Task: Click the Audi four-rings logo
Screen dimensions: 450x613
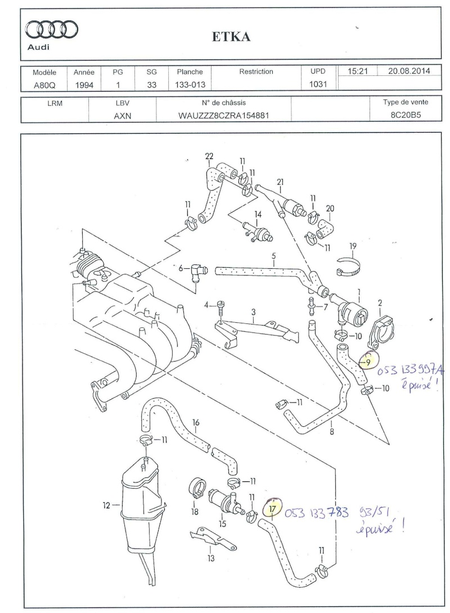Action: point(52,30)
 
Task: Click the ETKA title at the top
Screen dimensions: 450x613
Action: point(231,37)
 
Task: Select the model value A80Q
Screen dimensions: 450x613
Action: point(44,85)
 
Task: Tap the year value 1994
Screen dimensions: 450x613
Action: point(84,85)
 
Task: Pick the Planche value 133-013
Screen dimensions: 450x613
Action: point(190,84)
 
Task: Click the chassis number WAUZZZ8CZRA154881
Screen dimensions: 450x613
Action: point(224,116)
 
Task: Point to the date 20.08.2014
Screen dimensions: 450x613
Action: point(409,71)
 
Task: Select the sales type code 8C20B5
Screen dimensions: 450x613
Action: point(406,115)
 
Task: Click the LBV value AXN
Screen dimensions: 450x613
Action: point(123,116)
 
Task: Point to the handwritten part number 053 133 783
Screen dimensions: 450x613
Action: point(317,512)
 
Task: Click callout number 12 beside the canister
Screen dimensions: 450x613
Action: point(106,506)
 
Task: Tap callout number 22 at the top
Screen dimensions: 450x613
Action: point(209,156)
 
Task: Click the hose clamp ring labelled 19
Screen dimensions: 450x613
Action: point(348,267)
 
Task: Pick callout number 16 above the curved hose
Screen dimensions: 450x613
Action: point(196,422)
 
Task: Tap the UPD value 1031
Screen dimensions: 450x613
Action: point(318,84)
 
